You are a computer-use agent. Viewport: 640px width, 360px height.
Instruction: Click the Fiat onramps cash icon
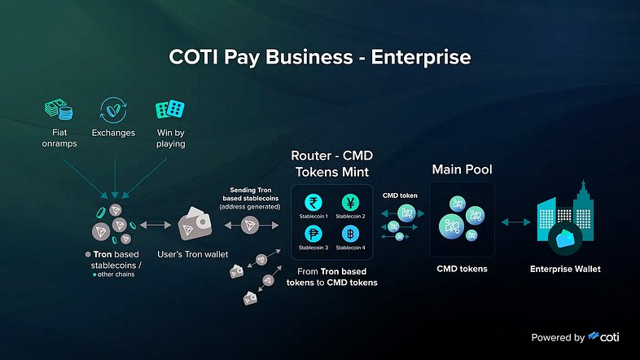point(59,109)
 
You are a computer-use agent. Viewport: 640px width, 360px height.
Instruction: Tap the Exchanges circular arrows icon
point(113,110)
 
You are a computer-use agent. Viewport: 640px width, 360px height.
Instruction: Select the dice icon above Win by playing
point(170,109)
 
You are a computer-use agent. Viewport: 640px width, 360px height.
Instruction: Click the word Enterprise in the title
point(421,57)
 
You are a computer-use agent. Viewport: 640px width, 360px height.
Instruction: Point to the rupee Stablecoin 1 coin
point(313,203)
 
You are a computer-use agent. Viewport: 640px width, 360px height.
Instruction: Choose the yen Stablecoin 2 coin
point(350,203)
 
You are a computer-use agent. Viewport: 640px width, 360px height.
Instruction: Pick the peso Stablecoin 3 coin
point(313,234)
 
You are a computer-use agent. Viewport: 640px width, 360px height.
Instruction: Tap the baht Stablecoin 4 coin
point(350,234)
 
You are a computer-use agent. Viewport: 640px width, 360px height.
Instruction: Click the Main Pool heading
point(462,169)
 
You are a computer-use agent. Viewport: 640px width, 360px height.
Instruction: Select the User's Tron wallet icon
point(195,224)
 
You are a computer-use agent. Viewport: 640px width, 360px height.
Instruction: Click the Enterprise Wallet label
point(565,269)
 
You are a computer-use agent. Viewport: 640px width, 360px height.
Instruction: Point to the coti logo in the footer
point(603,336)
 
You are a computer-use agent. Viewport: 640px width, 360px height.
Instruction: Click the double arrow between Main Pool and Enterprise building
point(516,222)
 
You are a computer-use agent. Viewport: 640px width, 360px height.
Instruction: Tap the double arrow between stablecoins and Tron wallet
point(156,225)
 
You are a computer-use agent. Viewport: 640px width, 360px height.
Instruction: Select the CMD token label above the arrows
point(400,195)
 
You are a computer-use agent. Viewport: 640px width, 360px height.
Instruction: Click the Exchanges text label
point(113,133)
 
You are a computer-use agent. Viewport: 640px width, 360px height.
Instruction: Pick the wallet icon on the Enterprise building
point(565,239)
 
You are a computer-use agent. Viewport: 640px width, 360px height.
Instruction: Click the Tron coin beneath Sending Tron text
point(250,225)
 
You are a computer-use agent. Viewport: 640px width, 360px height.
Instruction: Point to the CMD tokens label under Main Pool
point(462,269)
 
